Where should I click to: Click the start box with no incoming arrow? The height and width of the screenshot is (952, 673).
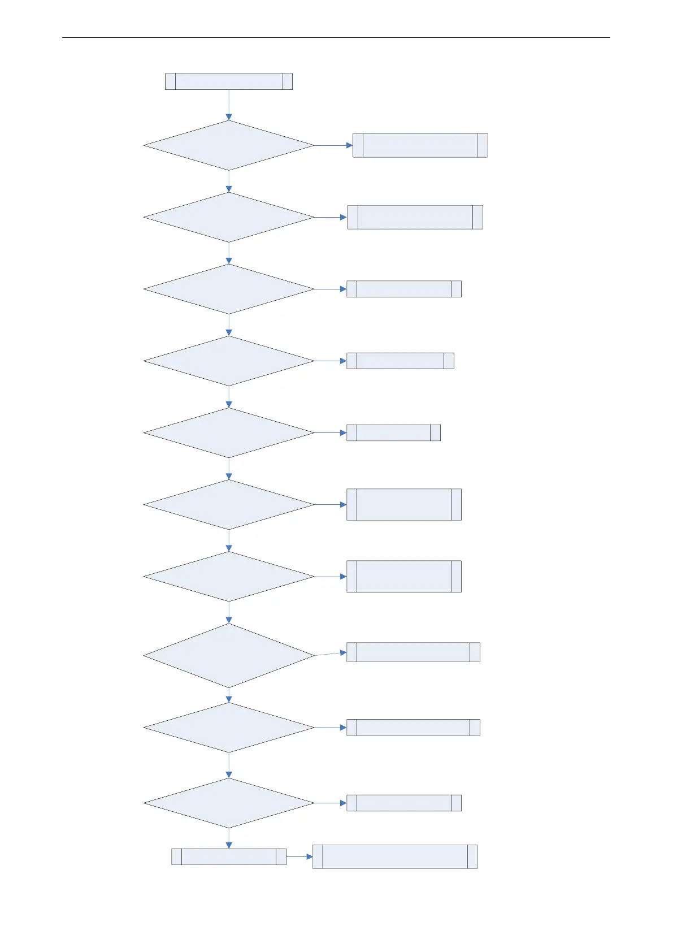tap(228, 81)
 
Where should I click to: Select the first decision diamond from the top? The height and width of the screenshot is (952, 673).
tap(228, 145)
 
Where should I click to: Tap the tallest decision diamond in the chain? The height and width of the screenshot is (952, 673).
tap(228, 655)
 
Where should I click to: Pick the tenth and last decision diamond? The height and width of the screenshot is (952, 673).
tap(228, 803)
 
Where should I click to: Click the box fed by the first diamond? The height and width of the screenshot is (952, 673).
tap(420, 145)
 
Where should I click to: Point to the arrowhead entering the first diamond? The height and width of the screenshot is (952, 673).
tap(229, 117)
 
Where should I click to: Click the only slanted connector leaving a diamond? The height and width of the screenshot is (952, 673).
tap(330, 654)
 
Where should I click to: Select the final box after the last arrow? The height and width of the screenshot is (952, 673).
tap(394, 856)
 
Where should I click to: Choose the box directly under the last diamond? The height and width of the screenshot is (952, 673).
tap(228, 856)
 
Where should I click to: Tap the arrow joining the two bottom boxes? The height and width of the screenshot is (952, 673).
tap(299, 856)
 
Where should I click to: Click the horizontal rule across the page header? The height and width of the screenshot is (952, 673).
tap(336, 38)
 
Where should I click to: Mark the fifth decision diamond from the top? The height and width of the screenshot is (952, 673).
tap(228, 432)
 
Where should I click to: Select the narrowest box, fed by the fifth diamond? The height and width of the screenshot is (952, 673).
tap(393, 432)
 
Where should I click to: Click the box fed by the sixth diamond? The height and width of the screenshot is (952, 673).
tap(403, 504)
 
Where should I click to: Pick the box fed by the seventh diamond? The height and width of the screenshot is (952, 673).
tap(403, 576)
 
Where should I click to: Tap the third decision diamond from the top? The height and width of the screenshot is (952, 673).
tap(228, 289)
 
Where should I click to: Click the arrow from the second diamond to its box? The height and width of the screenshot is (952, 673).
tap(330, 217)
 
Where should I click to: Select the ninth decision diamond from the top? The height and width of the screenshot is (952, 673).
tap(228, 727)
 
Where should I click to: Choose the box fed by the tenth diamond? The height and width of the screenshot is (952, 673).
tap(403, 803)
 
